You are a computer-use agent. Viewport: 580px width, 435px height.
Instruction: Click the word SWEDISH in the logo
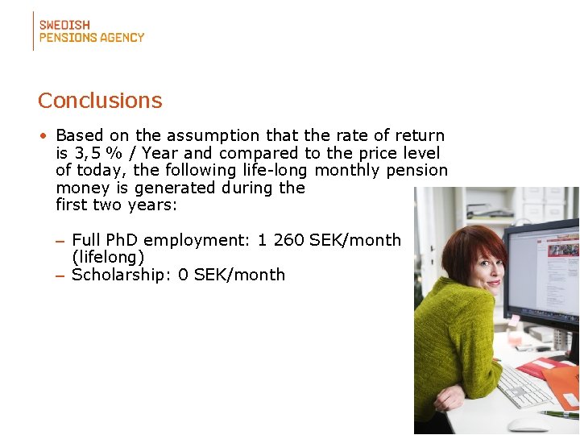tap(64, 25)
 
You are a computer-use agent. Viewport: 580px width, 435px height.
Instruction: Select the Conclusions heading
tap(100, 101)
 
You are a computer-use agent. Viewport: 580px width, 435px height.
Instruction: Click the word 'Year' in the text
tap(160, 153)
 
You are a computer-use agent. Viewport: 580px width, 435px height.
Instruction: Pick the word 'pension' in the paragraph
tap(416, 170)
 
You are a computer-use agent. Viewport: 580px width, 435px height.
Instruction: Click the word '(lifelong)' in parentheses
tap(108, 257)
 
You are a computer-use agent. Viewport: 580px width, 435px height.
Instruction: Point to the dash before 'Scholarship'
tap(60, 275)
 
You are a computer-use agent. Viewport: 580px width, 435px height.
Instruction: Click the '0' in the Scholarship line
tap(183, 275)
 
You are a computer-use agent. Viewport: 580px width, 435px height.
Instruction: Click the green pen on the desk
tap(559, 414)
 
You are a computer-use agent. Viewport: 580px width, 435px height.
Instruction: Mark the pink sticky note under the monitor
tap(513, 320)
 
